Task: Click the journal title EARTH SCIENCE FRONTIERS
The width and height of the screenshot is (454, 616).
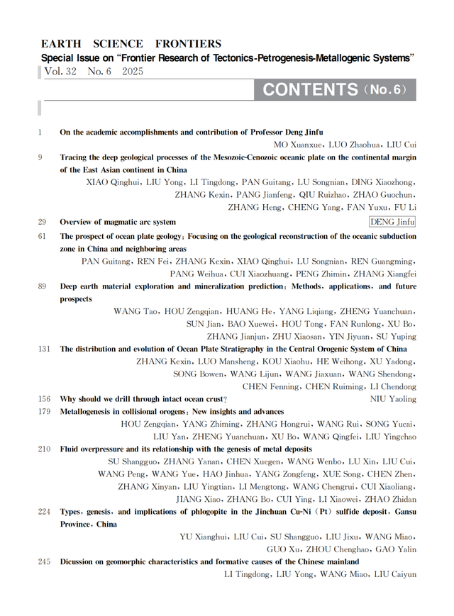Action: click(131, 44)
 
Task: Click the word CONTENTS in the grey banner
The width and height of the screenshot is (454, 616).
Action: click(310, 89)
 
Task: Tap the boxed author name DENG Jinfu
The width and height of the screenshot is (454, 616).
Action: click(392, 222)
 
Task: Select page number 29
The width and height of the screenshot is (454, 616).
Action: click(43, 222)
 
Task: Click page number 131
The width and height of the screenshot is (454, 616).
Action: click(45, 349)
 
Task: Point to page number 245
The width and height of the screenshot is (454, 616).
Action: click(45, 561)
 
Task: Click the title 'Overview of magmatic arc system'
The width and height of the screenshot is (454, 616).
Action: click(118, 222)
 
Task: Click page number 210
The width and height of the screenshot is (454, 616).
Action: click(45, 449)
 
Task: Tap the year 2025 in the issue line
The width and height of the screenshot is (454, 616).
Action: click(133, 72)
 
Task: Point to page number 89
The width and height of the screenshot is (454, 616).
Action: click(43, 286)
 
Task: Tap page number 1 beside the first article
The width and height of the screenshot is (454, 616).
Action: click(40, 132)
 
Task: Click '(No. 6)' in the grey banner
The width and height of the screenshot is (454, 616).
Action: click(385, 90)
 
